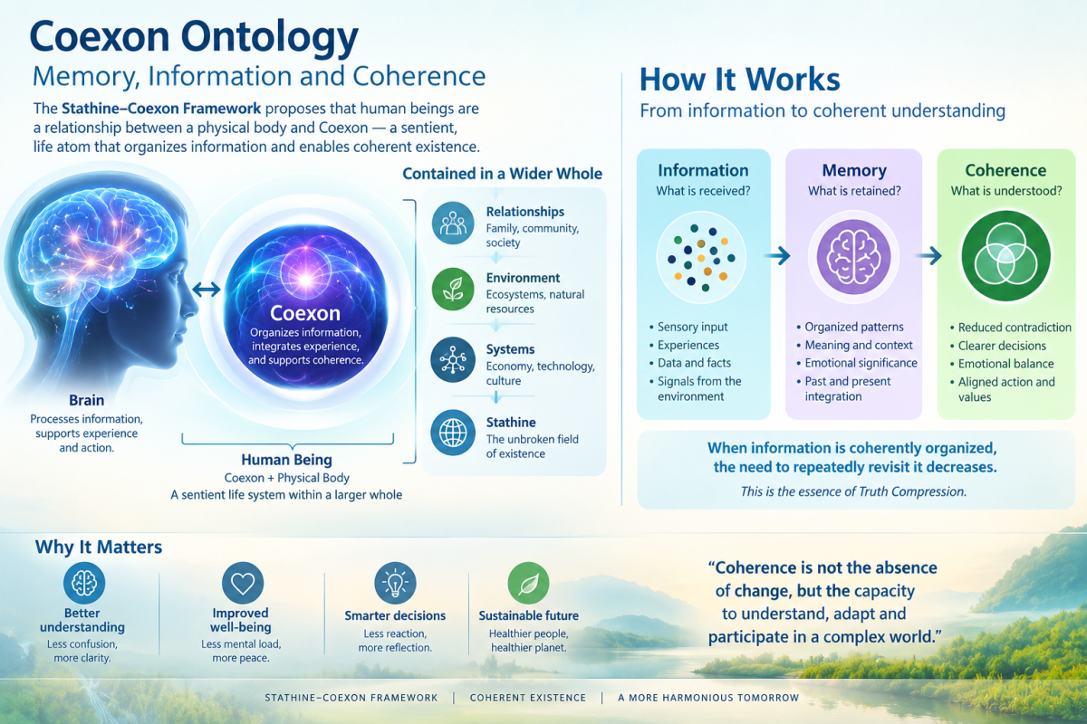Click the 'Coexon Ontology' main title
[x=194, y=38]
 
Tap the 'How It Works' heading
[x=739, y=80]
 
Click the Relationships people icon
[x=453, y=223]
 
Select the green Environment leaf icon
[x=453, y=289]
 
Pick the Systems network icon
[x=453, y=360]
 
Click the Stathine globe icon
[x=453, y=433]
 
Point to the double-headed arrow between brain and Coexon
[x=207, y=290]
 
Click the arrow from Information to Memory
[x=777, y=255]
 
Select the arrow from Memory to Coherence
[x=928, y=255]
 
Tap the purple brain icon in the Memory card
[x=853, y=257]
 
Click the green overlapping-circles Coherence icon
[x=1006, y=255]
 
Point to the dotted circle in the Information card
[x=701, y=258]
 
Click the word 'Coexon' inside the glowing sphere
[x=304, y=313]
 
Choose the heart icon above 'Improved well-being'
[x=243, y=583]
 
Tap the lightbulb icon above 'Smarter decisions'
[x=395, y=583]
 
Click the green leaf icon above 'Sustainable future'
[x=528, y=583]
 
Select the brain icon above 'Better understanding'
[x=84, y=583]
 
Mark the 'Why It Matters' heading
[x=99, y=547]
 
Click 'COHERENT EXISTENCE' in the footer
[x=528, y=698]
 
